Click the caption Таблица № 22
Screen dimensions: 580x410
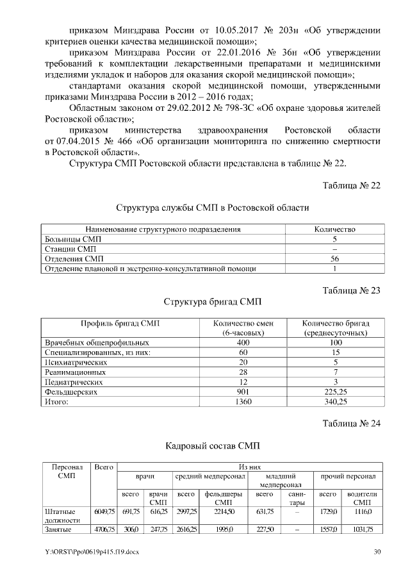tap(351, 185)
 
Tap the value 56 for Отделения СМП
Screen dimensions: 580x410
tap(334, 258)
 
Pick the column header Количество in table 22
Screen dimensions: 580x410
tap(334, 229)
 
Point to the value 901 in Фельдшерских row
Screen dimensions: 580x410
tap(243, 392)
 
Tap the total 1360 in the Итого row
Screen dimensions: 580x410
tap(243, 402)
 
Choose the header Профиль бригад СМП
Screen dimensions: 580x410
tap(119, 324)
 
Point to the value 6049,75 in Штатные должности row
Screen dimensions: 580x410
tap(104, 511)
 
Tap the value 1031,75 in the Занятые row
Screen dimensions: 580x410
tap(363, 529)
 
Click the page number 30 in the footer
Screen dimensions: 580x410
tap(377, 552)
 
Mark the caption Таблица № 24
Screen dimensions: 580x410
tap(351, 422)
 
